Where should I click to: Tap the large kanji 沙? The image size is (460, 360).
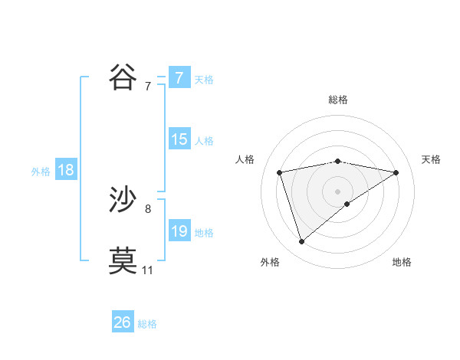[x=123, y=200]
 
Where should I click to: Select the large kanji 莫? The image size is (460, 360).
[x=123, y=260]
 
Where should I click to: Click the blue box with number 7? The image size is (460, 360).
[x=179, y=77]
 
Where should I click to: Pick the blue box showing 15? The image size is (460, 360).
[x=179, y=139]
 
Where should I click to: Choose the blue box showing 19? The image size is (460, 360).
[x=179, y=231]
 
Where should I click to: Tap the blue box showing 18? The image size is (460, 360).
[x=65, y=170]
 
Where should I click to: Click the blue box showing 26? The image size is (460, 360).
[x=123, y=322]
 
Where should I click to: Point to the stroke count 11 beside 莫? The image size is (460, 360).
[x=147, y=270]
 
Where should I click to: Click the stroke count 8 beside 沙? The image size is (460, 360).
[x=147, y=208]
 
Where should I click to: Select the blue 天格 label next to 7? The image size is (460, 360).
[x=204, y=79]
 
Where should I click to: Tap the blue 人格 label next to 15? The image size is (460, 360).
[x=204, y=141]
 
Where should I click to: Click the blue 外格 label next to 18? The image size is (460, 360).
[x=41, y=172]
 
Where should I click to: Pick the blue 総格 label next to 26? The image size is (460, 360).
[x=147, y=324]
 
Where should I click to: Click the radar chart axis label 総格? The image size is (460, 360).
[x=338, y=100]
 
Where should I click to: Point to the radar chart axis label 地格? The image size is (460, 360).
[x=402, y=262]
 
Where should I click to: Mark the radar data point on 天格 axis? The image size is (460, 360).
[x=396, y=172]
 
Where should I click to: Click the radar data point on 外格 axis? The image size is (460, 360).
[x=301, y=242]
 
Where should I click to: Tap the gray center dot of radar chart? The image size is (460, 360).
[x=338, y=191]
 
